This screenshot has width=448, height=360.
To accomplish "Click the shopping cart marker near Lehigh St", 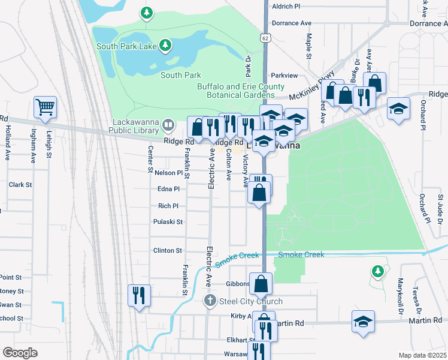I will coord(45,107).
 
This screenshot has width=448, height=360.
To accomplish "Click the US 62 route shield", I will coord(265,38).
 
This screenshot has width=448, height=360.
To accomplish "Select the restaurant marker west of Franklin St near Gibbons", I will coord(139,295).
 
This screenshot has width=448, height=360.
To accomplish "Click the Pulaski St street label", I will coord(168,221).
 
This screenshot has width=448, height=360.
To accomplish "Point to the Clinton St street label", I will coord(168,250).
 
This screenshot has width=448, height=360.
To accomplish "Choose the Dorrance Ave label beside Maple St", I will coord(292,23).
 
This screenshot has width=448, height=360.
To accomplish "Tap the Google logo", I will coord(20,353).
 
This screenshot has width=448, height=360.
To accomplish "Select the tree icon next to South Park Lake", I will coord(166,46).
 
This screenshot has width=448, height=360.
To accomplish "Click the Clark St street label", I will coord(20,184).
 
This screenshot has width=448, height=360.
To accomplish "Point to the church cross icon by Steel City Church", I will coord(210,301).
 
